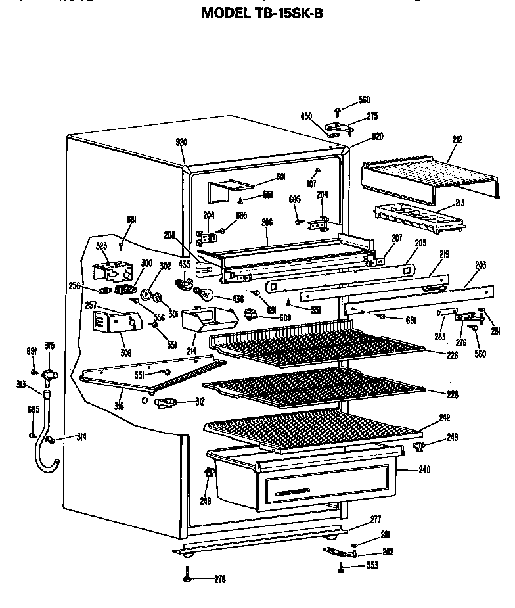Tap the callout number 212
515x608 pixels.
pyautogui.click(x=457, y=139)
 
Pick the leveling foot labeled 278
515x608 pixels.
pyautogui.click(x=189, y=578)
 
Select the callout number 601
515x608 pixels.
pyautogui.click(x=262, y=176)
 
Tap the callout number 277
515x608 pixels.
pyautogui.click(x=375, y=520)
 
